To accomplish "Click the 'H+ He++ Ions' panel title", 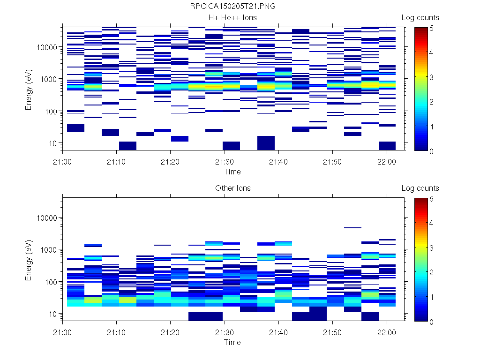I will tap(232, 18).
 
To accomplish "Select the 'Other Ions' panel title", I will tap(232, 188).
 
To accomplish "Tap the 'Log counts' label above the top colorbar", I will tap(420, 18).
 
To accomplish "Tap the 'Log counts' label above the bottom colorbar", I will tap(420, 188).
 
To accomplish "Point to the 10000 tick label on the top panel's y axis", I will tap(47, 47).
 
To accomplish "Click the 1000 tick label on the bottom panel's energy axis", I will tap(49, 250).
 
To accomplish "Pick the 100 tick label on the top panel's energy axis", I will tap(51, 112).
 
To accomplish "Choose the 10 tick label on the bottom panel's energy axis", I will tap(52, 314).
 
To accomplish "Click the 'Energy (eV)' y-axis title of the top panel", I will tap(29, 89).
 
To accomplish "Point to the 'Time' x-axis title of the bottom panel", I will tap(232, 342).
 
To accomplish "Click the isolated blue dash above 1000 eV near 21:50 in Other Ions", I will tap(352, 228).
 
